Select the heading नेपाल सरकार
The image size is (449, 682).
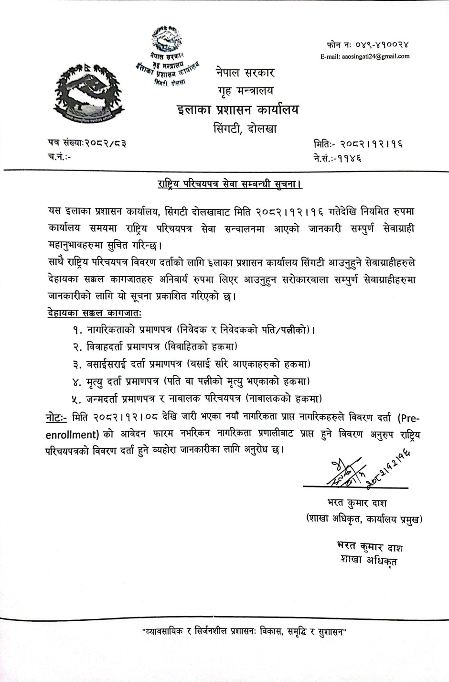click(x=244, y=74)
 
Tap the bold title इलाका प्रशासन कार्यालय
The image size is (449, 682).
click(x=237, y=109)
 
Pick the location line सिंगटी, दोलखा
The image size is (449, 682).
click(x=245, y=129)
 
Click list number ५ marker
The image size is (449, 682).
click(x=77, y=398)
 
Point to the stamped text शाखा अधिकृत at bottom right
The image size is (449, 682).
click(x=369, y=560)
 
